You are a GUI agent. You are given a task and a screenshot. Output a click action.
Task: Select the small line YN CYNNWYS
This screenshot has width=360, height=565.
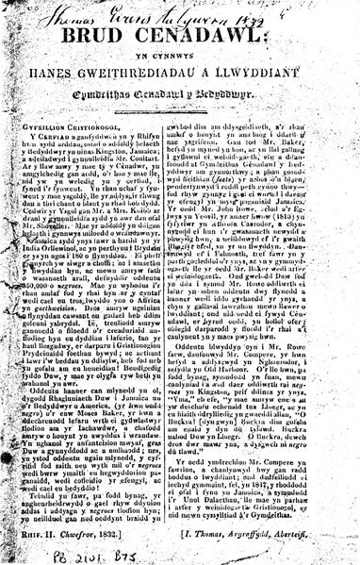(x=184, y=64)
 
